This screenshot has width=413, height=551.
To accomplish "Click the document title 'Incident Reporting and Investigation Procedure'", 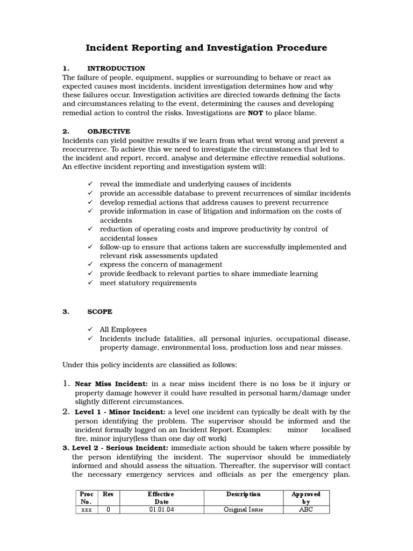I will (206, 48).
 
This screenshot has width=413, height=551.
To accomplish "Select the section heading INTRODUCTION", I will (116, 68).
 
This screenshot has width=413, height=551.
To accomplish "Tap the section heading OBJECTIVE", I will (109, 131).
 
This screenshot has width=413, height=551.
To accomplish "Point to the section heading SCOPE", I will (100, 312).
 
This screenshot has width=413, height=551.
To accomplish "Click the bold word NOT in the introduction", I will (255, 114).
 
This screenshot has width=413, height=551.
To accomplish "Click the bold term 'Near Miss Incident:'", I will (112, 384).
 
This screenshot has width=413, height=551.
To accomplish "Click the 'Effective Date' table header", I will (161, 498).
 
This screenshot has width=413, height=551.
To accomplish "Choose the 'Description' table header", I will (243, 494).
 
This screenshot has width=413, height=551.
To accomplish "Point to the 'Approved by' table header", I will (306, 498).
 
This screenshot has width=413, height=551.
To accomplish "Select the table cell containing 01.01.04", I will (161, 510).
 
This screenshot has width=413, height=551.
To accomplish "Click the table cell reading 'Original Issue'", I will (243, 510).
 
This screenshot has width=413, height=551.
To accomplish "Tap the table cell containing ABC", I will (306, 510).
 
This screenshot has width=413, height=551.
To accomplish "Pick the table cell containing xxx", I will (86, 510).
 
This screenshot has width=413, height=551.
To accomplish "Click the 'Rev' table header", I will (108, 494).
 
